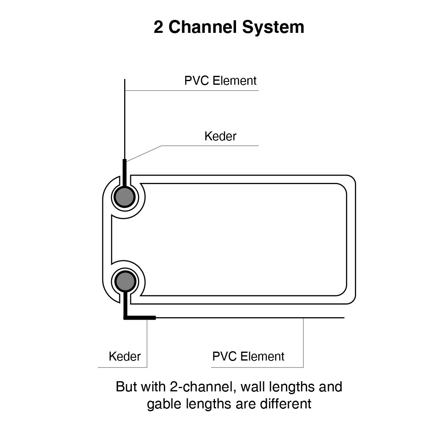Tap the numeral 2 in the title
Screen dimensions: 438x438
159,27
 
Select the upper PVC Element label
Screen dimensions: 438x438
220,81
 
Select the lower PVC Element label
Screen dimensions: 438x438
248,356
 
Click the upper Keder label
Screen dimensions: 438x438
220,136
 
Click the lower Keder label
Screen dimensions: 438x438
125,356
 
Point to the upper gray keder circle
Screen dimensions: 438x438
124,197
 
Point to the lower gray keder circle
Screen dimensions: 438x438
124,281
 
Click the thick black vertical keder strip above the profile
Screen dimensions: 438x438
125,170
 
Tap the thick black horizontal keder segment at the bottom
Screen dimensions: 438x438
140,318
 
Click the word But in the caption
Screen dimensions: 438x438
126,386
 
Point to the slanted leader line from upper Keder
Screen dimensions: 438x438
144,153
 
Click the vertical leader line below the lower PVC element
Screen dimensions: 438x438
303,343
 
